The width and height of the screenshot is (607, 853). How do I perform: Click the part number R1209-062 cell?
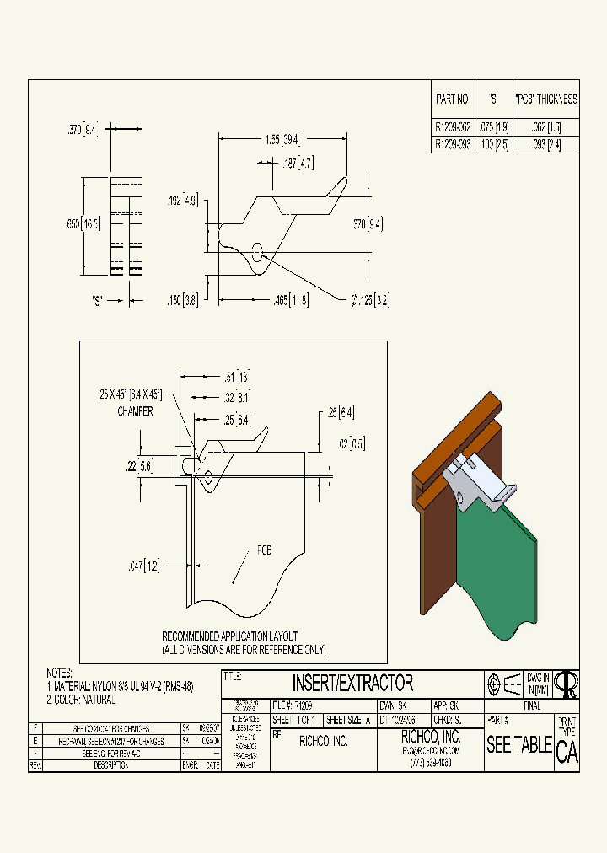[x=452, y=127]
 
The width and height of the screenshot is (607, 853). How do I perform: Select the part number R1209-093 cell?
[x=452, y=144]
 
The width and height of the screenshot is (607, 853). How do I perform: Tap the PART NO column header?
[x=452, y=99]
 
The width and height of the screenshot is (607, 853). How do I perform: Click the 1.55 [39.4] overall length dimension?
[x=282, y=139]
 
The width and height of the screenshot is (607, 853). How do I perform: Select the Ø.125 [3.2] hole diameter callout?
[x=371, y=299]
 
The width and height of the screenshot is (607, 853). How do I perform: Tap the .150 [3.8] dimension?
[x=183, y=299]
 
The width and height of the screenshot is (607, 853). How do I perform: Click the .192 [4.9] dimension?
[x=182, y=201]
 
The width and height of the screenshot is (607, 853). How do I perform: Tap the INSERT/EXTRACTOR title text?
[x=352, y=682]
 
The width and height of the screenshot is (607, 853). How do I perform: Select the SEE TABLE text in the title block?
[x=518, y=745]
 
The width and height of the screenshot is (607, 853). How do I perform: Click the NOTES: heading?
[x=61, y=673]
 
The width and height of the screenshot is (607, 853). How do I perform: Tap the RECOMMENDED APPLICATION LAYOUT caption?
[x=229, y=636]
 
